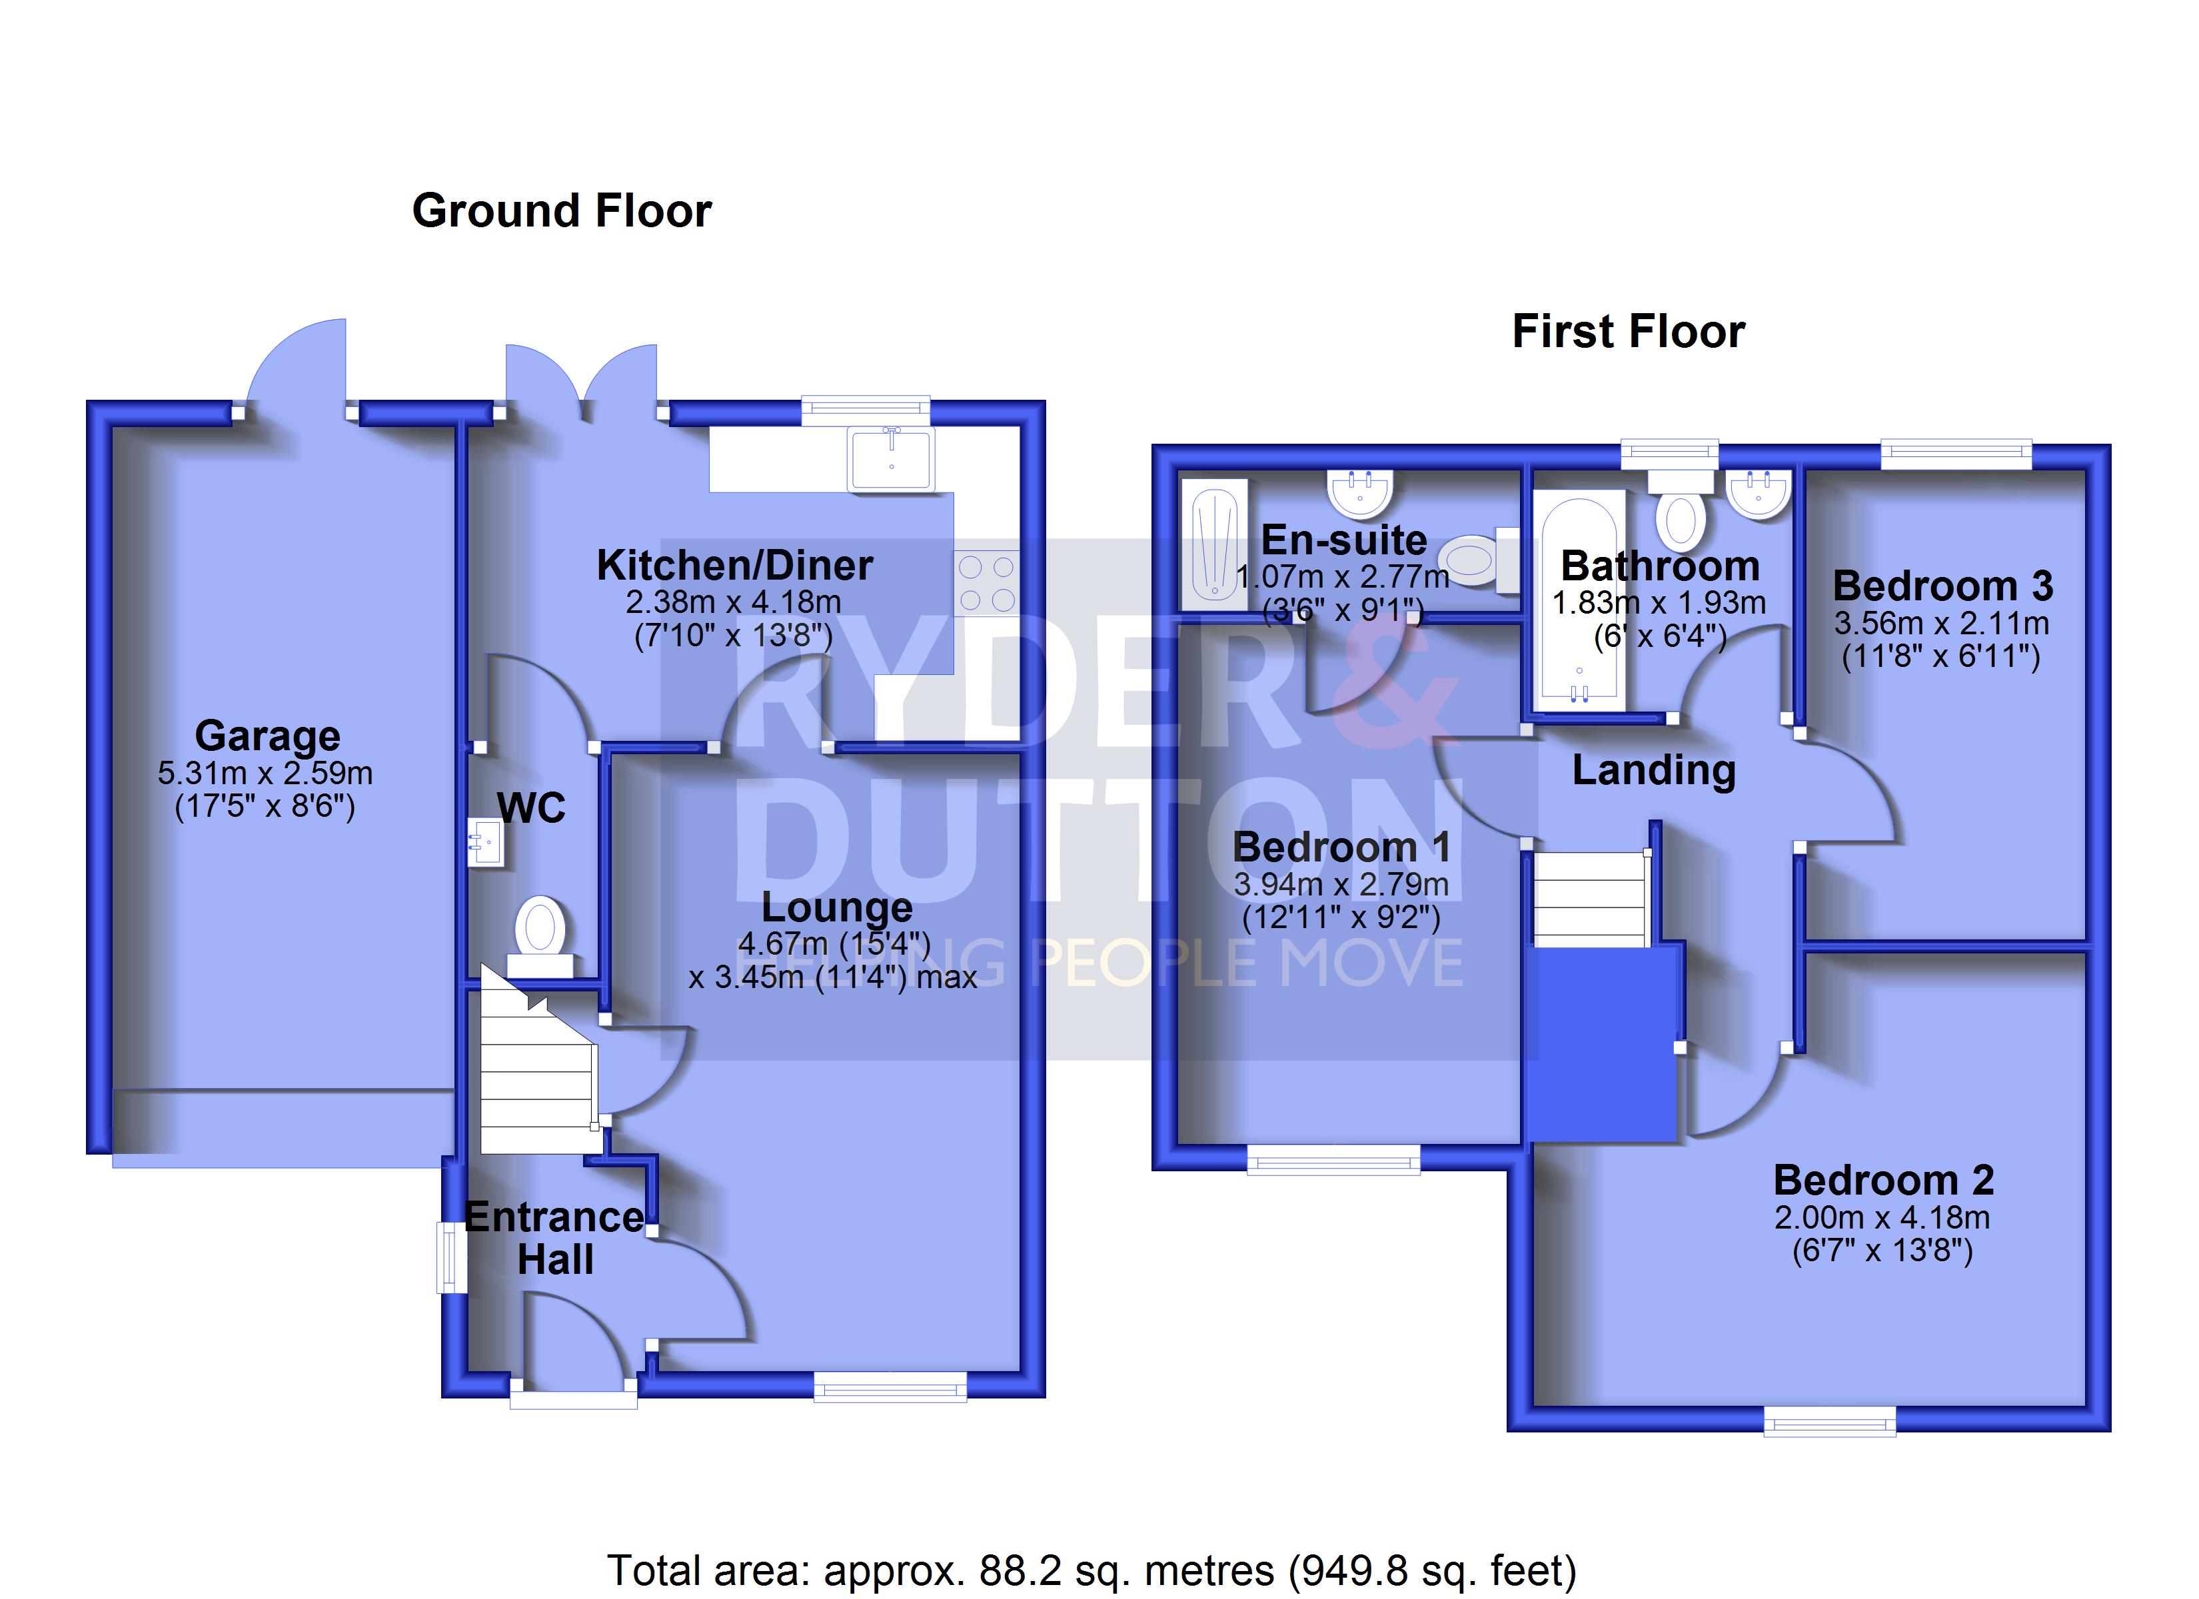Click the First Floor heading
click(1628, 332)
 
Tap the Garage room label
click(268, 736)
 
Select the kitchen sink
click(891, 458)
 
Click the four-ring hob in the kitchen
click(987, 583)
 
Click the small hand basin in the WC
click(486, 841)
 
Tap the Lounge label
click(837, 907)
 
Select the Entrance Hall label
click(554, 1239)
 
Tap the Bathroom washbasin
click(1758, 494)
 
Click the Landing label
click(1653, 770)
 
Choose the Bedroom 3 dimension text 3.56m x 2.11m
click(1941, 622)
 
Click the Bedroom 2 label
click(1883, 1180)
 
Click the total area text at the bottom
click(1092, 1570)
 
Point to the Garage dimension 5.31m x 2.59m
click(265, 773)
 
